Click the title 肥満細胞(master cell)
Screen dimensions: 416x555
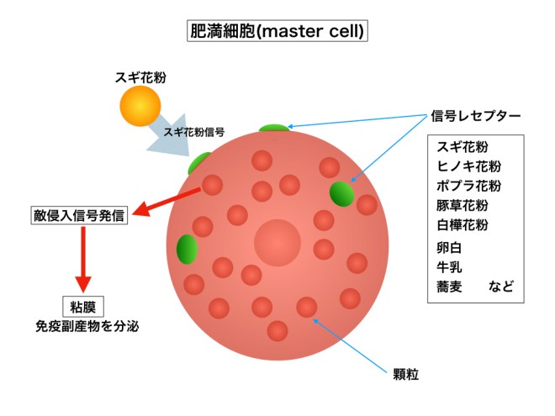pos(277,31)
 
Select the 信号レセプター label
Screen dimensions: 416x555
pos(476,115)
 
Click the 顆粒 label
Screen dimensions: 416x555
pos(406,371)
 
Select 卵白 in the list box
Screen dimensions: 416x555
pos(449,249)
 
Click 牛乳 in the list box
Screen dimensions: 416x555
pos(449,268)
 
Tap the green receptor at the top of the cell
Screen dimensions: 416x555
pos(274,129)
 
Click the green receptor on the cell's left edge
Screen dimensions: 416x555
pos(187,249)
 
